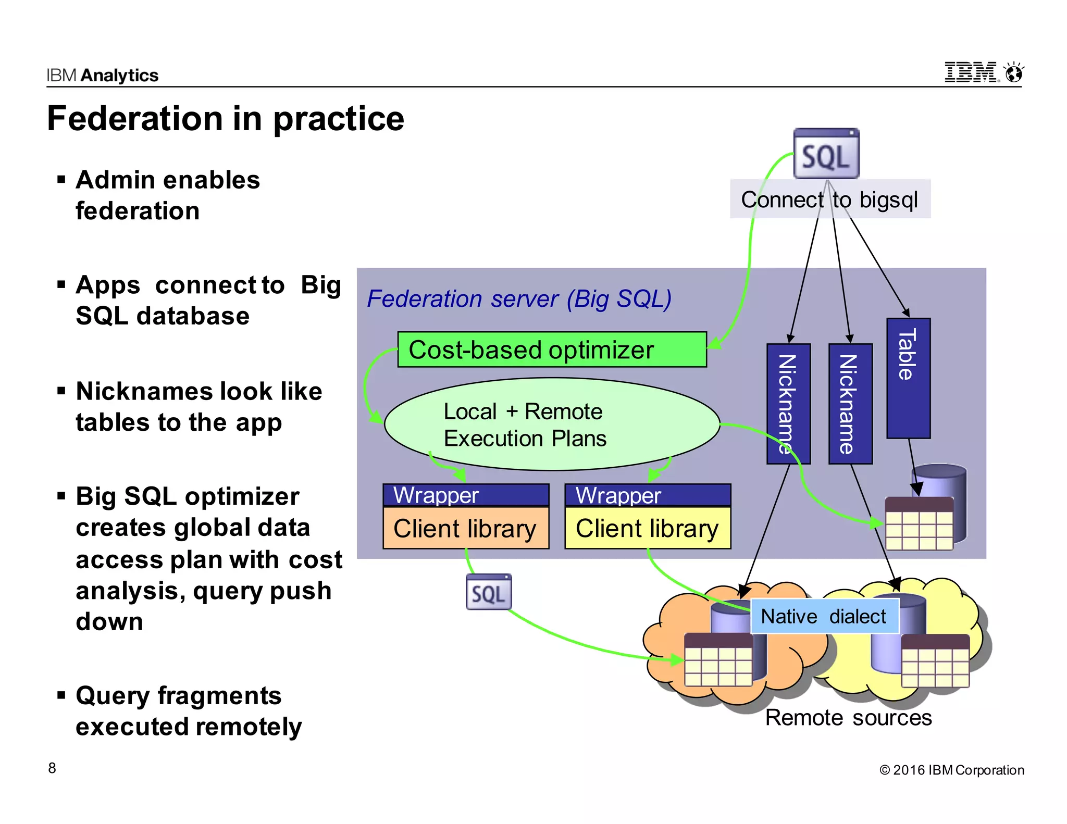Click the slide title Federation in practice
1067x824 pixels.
225,119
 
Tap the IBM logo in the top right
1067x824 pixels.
971,72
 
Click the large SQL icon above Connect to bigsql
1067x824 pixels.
826,154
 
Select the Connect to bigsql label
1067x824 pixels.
829,199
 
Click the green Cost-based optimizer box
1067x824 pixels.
552,349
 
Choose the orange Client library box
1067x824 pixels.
465,528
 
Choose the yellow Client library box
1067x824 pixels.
648,528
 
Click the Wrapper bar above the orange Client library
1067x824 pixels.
465,495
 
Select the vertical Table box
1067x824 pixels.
908,378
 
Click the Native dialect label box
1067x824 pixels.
824,616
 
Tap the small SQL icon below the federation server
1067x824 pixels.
489,592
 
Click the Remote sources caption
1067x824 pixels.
848,718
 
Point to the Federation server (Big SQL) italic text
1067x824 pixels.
519,299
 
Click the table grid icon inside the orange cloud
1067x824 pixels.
718,660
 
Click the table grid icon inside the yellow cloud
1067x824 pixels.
935,661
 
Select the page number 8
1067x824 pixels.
52,768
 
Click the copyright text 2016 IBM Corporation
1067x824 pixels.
951,770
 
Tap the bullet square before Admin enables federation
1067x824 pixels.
61,180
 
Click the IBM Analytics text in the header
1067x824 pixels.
102,76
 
